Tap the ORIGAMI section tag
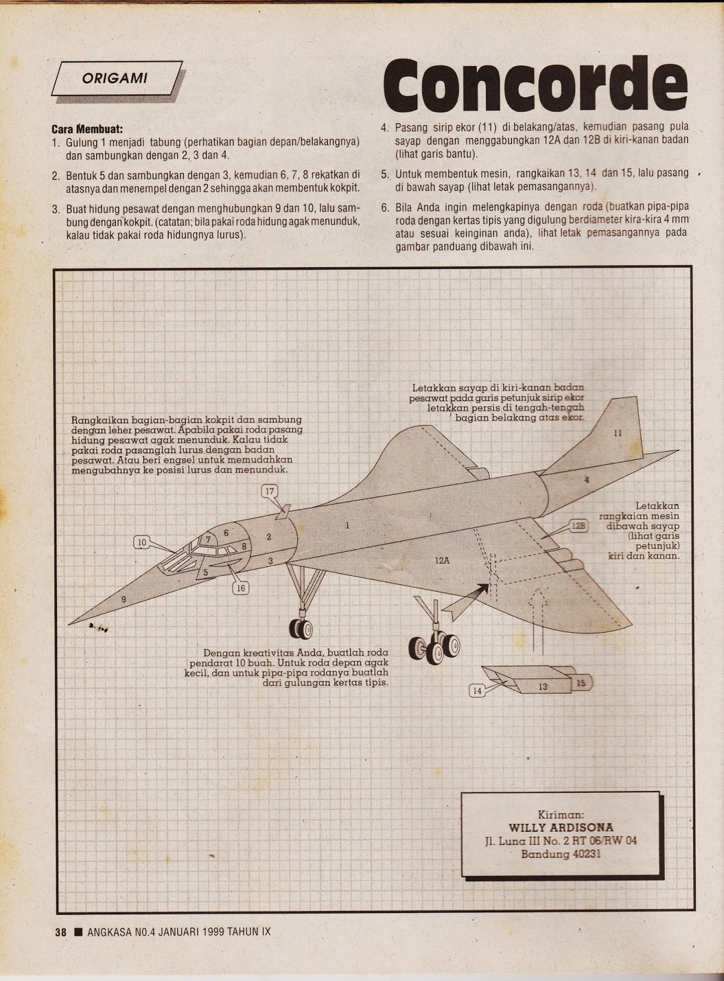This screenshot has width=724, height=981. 116,78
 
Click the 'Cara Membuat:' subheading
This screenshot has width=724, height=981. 87,129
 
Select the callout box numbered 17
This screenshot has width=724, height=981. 270,490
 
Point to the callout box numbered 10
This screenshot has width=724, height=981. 143,542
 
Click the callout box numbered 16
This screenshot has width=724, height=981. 240,588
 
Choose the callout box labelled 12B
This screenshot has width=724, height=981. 579,525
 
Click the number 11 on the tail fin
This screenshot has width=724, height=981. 617,433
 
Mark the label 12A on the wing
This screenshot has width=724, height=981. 443,560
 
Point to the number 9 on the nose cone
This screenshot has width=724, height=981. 123,599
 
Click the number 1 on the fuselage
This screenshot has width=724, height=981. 347,525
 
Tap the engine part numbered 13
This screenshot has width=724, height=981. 543,687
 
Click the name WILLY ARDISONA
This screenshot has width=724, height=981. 561,828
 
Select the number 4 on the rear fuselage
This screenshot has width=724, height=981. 587,479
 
